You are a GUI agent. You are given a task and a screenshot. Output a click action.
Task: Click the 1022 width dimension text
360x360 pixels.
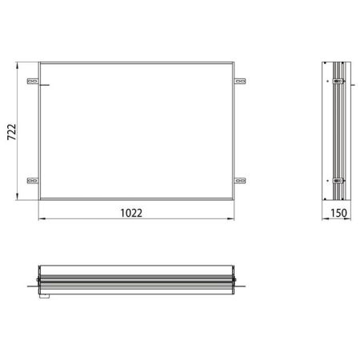[x=133, y=213]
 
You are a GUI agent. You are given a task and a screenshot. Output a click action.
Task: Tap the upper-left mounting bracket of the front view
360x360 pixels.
[x=33, y=81]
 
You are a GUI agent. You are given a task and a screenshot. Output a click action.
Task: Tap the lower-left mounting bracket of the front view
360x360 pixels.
[x=33, y=180]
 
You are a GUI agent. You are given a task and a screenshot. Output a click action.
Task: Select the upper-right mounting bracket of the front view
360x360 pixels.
[x=241, y=81]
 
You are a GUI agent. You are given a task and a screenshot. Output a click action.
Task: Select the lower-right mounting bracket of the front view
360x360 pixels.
[x=241, y=180]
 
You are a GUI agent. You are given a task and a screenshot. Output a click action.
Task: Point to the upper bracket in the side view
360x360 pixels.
[x=338, y=81]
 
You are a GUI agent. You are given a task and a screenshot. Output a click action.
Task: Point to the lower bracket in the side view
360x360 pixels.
[x=338, y=180]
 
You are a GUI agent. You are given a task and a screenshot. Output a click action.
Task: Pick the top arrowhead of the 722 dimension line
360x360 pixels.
[x=18, y=64]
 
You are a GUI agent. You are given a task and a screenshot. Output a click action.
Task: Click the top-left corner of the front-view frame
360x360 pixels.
[x=40, y=62]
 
